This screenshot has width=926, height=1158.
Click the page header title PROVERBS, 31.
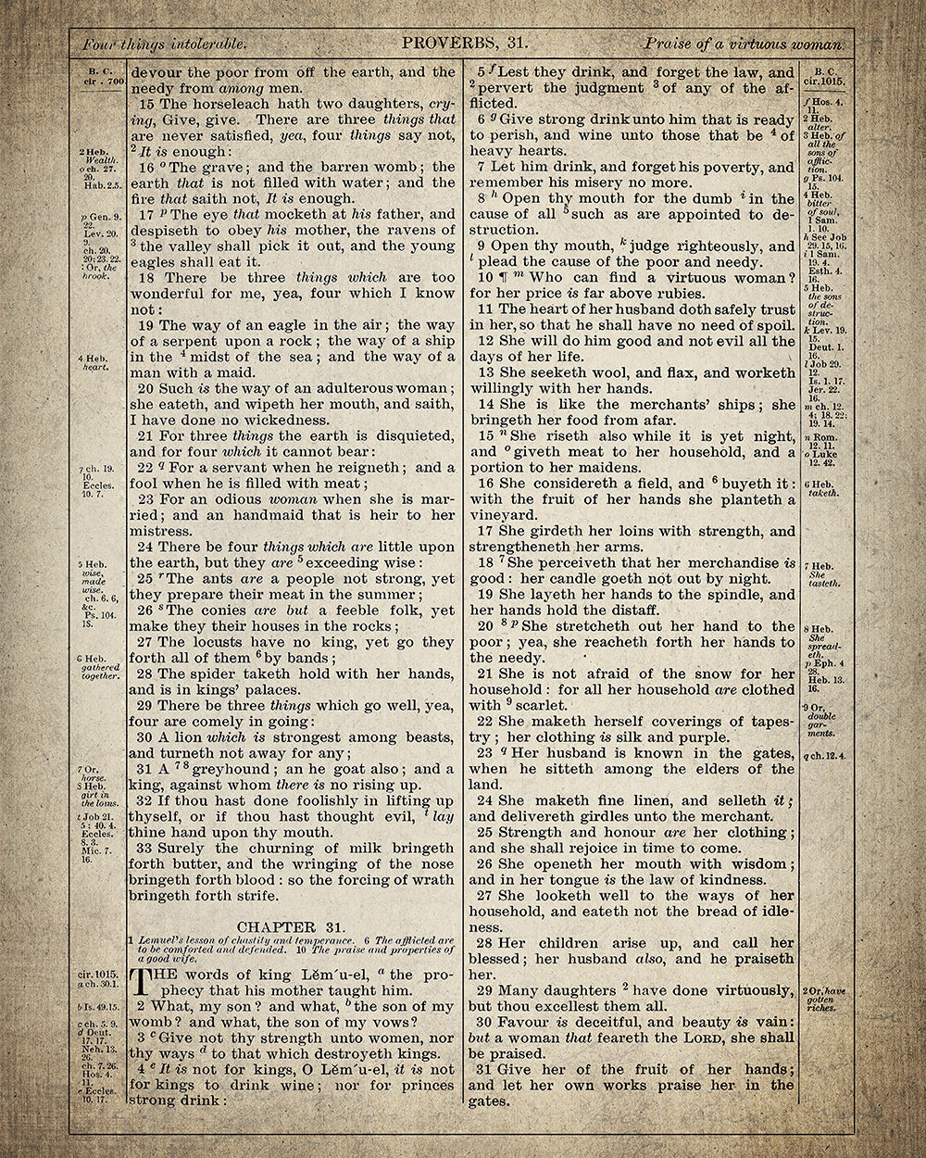464,43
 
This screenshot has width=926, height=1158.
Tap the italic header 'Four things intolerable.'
164,44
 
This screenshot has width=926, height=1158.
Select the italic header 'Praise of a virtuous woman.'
745,44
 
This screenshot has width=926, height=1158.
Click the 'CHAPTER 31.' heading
278,927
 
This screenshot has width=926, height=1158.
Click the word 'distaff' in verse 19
632,610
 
